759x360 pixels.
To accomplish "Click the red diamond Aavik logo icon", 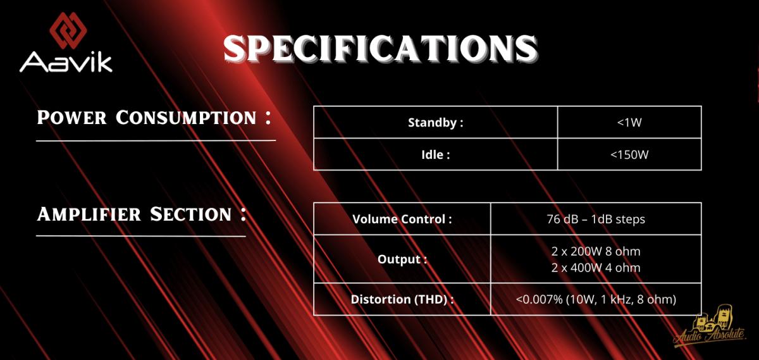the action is tap(68, 30).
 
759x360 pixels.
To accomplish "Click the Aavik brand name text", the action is tap(66, 62).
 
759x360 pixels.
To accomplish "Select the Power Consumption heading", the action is tap(154, 118).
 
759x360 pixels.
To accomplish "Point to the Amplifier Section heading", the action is tap(142, 214).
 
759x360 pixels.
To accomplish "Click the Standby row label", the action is tap(435, 122).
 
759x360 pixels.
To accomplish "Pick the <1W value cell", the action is tap(629, 122).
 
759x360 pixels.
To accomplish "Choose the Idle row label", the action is tap(435, 155).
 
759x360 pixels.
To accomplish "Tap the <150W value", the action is tap(629, 155).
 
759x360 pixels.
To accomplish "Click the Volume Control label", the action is tap(402, 219).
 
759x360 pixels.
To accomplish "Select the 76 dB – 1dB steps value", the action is tap(596, 219).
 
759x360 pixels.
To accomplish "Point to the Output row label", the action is tap(402, 259).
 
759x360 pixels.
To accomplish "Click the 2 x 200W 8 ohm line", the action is tap(596, 251).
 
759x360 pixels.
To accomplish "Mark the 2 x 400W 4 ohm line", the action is tap(596, 268).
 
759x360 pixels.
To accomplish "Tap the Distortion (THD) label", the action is tap(402, 299).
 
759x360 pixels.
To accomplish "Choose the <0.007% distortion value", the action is tap(596, 299).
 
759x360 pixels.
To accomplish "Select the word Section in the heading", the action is tap(190, 214).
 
